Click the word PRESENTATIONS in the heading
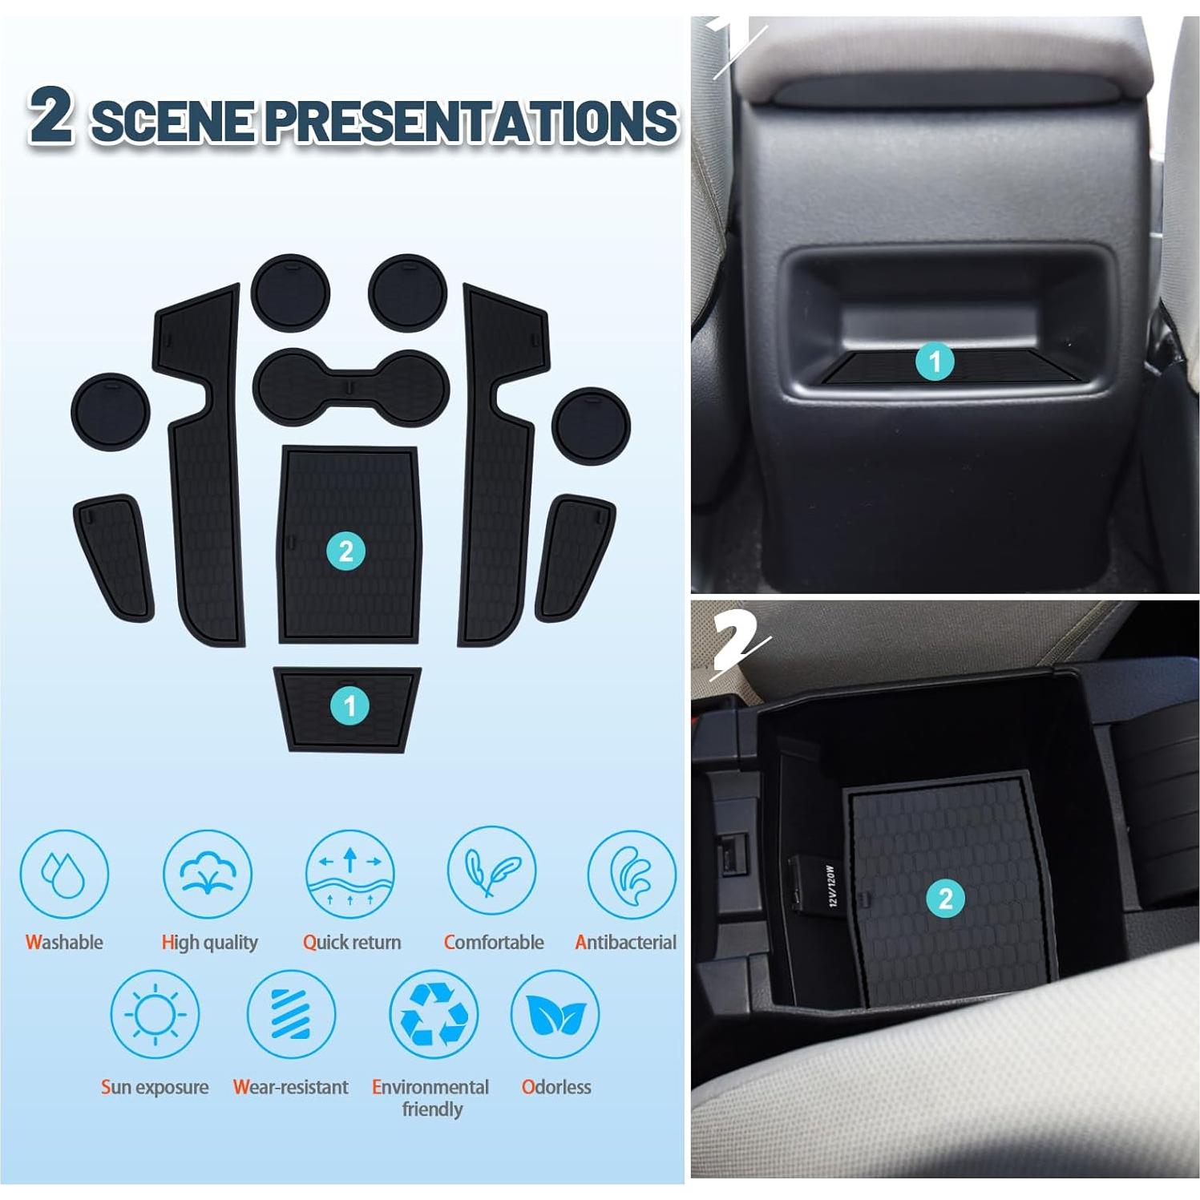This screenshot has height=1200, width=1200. (471, 121)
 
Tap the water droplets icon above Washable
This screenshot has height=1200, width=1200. (63, 873)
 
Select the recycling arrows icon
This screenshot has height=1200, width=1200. (433, 1014)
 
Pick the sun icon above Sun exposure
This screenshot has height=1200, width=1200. (154, 1014)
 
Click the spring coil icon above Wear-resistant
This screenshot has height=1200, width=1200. (290, 1014)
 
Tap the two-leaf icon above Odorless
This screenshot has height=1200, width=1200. (555, 1014)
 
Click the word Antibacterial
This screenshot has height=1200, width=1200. (625, 942)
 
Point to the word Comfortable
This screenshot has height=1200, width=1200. (494, 942)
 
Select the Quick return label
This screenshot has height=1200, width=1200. (352, 942)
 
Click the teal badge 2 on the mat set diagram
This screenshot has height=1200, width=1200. (346, 551)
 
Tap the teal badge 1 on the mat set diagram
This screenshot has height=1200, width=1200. (349, 706)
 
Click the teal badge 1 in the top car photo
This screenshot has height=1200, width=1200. (934, 362)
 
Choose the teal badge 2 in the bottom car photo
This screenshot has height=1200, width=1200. (945, 899)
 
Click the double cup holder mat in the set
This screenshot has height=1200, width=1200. (351, 388)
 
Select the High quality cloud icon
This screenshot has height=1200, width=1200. (208, 873)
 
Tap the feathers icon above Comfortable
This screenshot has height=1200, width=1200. (491, 873)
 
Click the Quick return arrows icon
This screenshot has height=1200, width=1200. (350, 873)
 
